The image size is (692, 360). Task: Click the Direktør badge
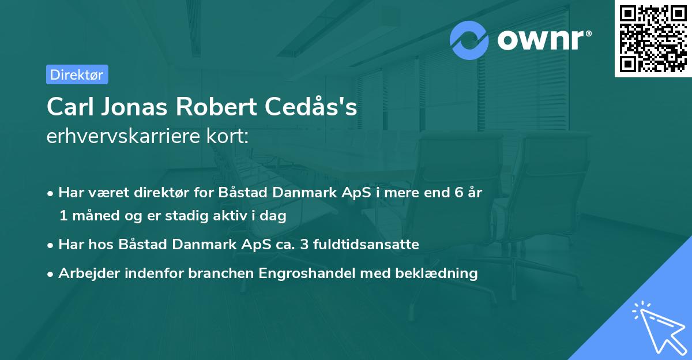(x=77, y=74)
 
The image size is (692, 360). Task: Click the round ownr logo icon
(x=469, y=40)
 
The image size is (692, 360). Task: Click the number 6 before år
(x=458, y=193)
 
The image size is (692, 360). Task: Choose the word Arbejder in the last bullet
(x=85, y=273)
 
